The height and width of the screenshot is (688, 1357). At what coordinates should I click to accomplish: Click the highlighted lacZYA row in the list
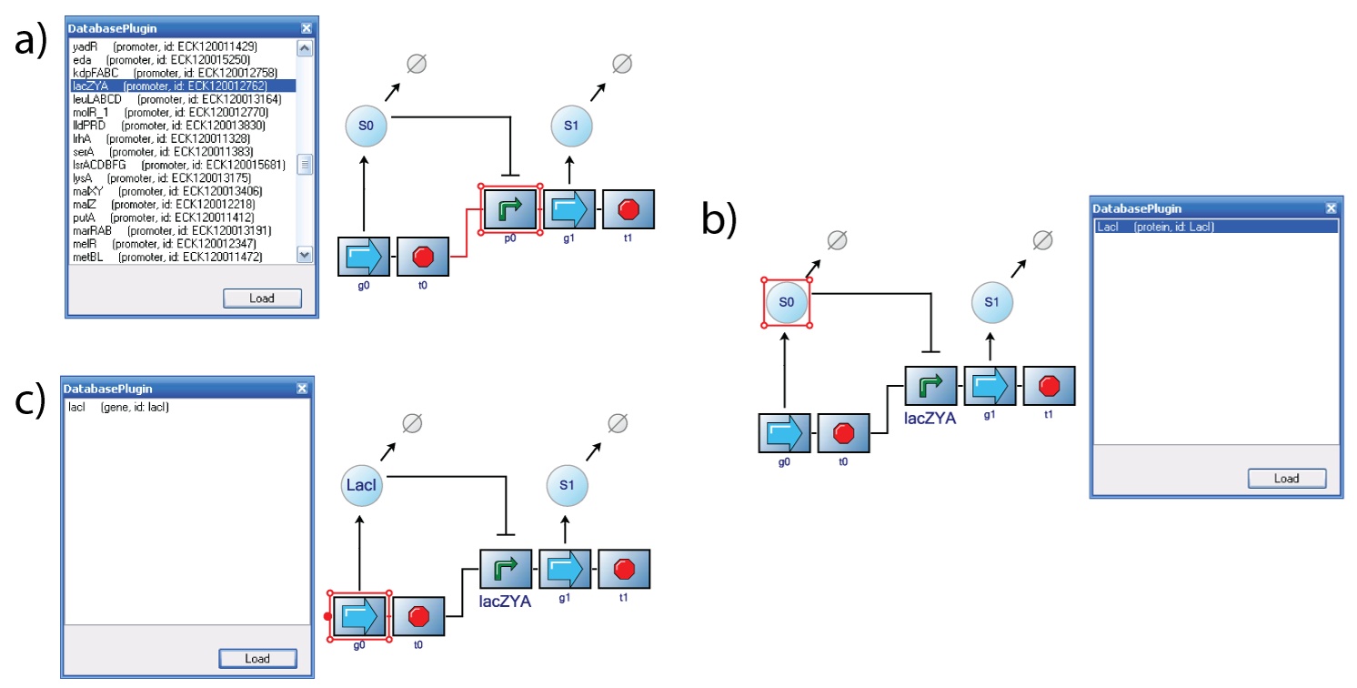pos(168,86)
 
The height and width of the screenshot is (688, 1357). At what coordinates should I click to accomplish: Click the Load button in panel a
pos(261,298)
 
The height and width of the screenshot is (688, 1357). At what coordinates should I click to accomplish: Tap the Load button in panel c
pos(256,659)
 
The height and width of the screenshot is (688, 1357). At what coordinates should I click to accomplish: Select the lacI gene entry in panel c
pos(119,407)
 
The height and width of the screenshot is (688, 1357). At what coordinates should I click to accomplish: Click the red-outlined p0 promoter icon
pos(510,210)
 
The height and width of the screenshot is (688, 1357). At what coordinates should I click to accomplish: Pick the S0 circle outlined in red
pos(786,301)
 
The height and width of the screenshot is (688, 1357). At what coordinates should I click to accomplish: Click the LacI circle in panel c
pos(360,486)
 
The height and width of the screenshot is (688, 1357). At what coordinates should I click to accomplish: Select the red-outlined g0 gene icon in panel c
pos(360,615)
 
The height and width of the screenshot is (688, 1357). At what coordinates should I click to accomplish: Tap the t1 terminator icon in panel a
pos(627,210)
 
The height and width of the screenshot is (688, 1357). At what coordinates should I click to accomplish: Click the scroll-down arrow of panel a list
pos(305,257)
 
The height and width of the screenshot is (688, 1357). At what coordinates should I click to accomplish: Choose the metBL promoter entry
pos(164,258)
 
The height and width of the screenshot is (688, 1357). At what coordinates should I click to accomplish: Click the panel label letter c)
pos(30,401)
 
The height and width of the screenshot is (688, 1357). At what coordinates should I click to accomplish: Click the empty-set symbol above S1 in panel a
pos(621,64)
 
